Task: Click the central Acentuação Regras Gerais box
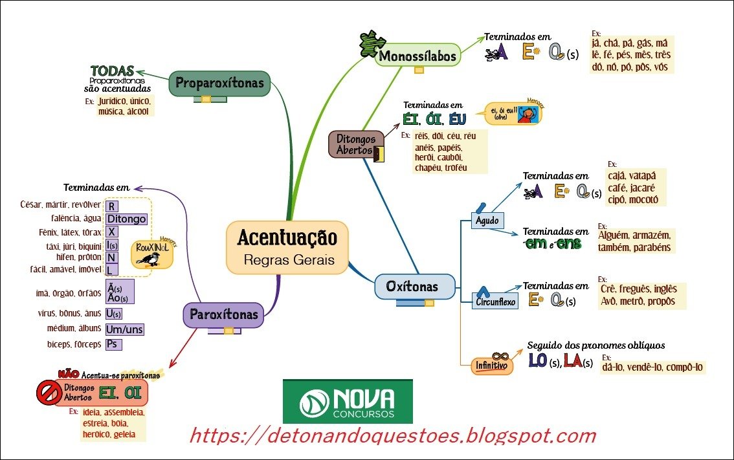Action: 287,247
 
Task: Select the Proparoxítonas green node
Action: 219,83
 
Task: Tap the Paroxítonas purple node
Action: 224,315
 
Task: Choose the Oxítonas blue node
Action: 412,286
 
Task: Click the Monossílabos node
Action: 417,56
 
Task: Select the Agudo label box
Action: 487,221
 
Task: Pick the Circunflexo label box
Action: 495,301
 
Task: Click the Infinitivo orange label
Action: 491,366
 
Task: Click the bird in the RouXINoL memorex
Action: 152,257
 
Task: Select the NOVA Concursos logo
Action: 348,401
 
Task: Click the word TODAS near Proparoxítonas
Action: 112,70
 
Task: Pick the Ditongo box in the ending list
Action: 126,219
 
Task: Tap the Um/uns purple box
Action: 124,329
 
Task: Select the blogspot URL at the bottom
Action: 392,435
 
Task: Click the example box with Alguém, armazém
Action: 635,241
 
